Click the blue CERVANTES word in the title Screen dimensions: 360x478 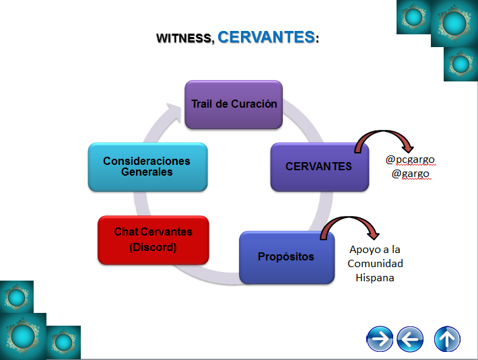[266, 36]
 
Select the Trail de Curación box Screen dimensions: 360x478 [234, 104]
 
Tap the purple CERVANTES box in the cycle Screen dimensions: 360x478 [319, 166]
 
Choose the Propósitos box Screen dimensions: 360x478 [286, 257]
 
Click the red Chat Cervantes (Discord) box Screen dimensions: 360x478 [153, 240]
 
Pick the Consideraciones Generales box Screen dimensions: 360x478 [147, 166]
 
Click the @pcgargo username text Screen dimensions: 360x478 [410, 159]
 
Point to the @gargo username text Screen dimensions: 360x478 [410, 174]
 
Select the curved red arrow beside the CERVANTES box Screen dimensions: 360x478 [383, 139]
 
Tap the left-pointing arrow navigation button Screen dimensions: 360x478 [410, 338]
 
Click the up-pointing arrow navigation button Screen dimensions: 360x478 [447, 338]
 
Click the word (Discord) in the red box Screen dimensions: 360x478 [153, 247]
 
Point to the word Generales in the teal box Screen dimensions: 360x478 [147, 172]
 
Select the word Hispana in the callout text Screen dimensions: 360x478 [375, 277]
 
